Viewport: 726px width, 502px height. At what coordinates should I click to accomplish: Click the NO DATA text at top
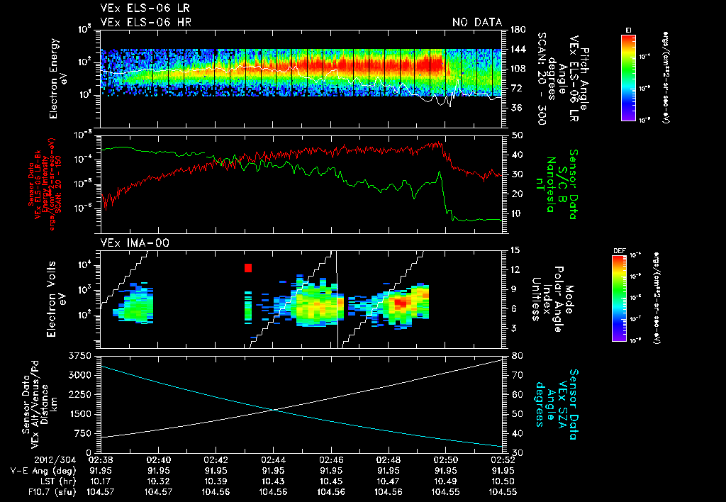(x=476, y=23)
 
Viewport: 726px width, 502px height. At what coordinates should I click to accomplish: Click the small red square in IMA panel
(x=248, y=267)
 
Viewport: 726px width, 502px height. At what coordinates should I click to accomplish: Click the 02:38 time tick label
(x=101, y=459)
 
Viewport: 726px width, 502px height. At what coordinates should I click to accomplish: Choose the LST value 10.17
(x=101, y=480)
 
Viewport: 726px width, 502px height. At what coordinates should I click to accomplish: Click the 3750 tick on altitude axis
(x=79, y=355)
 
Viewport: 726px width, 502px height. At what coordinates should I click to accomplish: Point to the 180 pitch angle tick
(x=515, y=30)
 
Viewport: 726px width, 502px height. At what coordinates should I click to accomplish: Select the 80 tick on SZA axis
(x=517, y=355)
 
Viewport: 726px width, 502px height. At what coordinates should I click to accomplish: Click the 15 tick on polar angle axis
(x=515, y=250)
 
